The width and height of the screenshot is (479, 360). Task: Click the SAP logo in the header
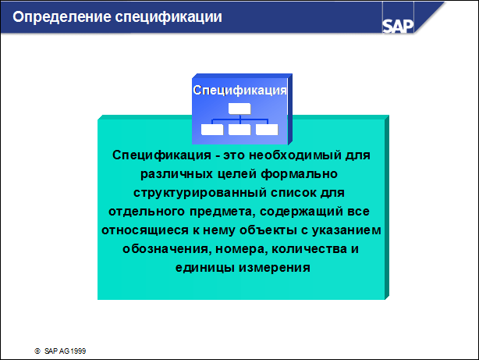tap(398, 26)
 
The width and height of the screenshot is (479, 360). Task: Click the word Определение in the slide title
tap(62, 17)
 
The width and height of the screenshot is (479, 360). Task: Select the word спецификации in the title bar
tap(169, 17)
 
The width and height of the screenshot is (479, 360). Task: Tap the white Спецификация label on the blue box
tap(239, 90)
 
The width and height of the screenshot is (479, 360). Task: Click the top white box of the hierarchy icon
tap(239, 109)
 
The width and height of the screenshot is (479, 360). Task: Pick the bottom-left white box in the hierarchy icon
tap(212, 130)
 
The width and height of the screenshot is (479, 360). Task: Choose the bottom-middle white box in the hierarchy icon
tap(239, 130)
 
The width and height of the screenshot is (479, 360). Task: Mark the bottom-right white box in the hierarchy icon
tap(267, 130)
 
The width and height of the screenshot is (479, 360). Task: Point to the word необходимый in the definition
tap(295, 155)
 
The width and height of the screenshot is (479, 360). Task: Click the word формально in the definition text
tap(299, 174)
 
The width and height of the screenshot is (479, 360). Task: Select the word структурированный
tap(200, 194)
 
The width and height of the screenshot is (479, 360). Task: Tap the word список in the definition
tap(293, 193)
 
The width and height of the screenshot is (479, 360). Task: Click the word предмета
tap(222, 212)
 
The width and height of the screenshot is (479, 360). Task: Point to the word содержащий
tap(301, 212)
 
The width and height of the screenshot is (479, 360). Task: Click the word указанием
tap(346, 230)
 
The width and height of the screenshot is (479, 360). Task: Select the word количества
tap(309, 249)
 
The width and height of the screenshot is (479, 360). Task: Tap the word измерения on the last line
tap(275, 268)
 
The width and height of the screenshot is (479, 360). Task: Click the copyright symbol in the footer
tap(37, 351)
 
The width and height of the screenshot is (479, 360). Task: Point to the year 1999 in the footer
tap(78, 351)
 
